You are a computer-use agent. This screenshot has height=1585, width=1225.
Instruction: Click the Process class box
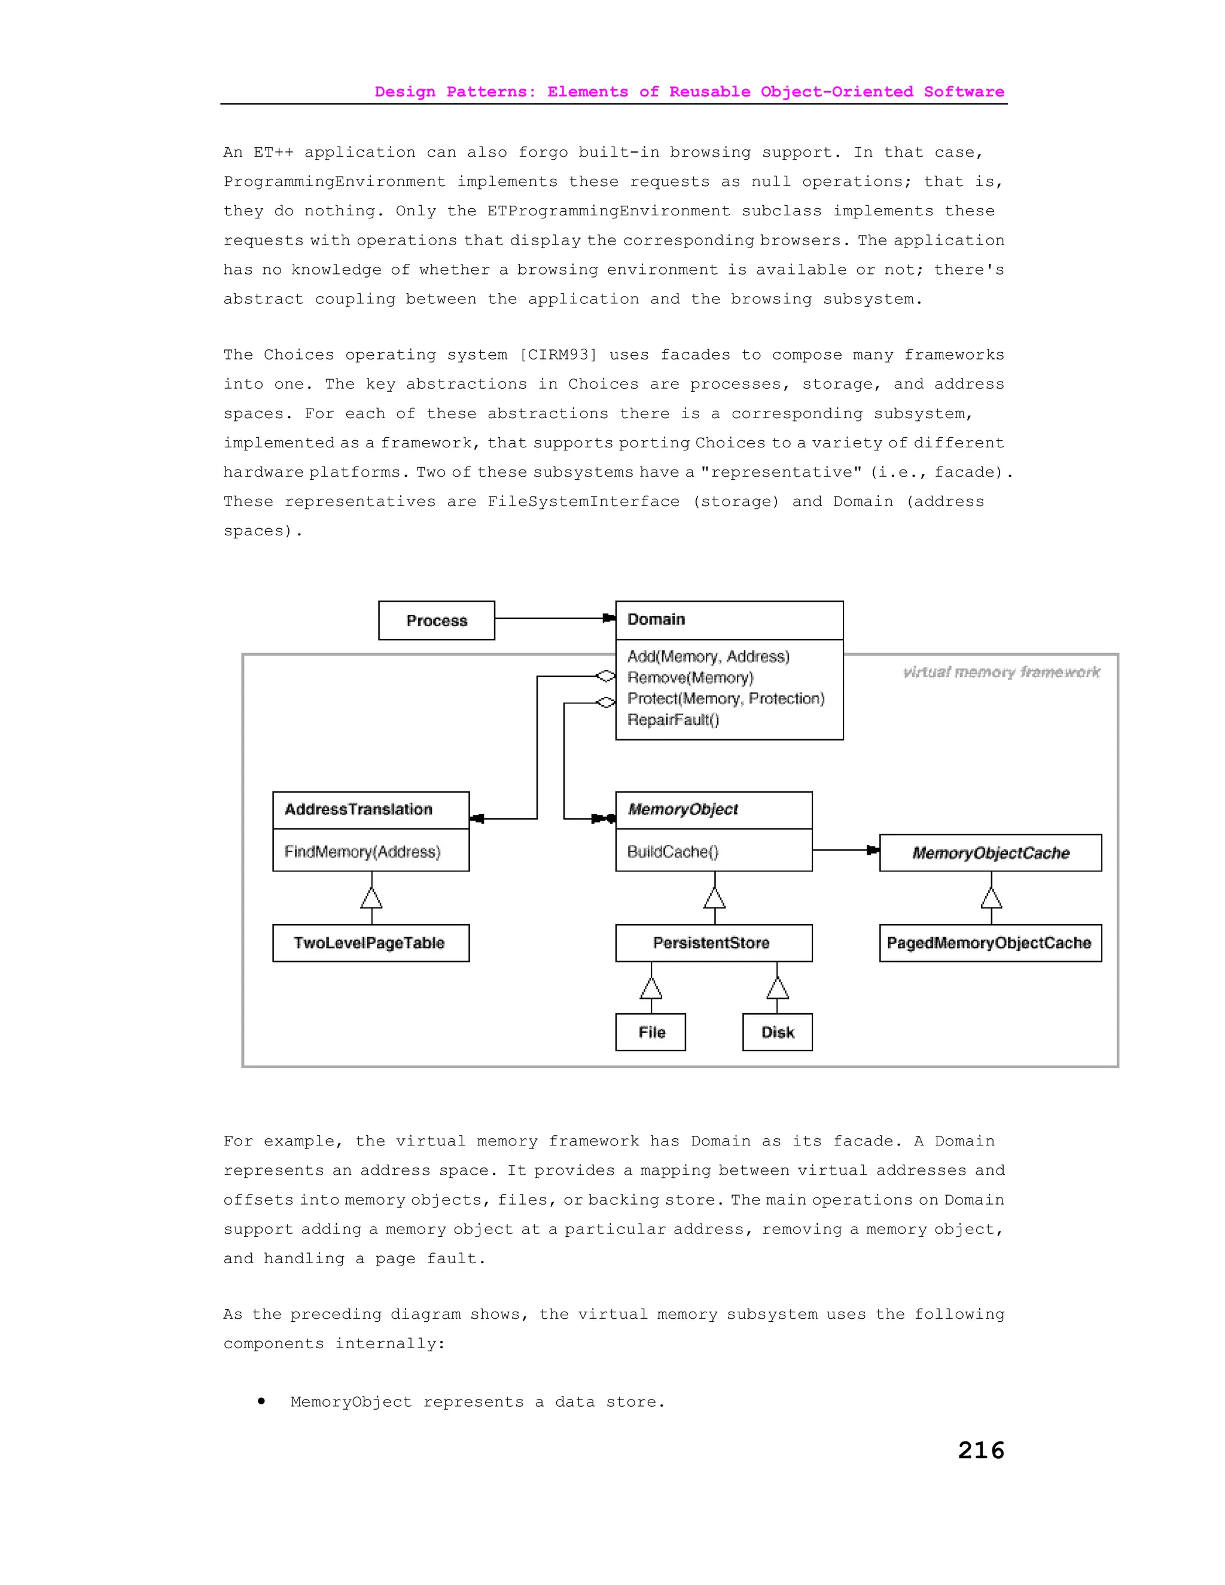(436, 620)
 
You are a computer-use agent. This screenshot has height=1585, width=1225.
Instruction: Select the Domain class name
(656, 619)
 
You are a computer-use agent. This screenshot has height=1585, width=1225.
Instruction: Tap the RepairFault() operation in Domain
(673, 720)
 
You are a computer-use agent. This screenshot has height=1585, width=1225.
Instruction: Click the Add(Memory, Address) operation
(708, 657)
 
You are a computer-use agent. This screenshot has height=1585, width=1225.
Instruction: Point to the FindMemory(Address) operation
(362, 851)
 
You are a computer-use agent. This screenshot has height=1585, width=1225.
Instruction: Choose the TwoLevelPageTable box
(370, 943)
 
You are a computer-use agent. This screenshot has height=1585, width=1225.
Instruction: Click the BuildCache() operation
(672, 851)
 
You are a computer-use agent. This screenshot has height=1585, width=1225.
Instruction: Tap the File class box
(651, 1032)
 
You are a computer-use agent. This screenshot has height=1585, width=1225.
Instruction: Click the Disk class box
(777, 1032)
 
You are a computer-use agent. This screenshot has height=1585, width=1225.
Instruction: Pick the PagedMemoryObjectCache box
(989, 943)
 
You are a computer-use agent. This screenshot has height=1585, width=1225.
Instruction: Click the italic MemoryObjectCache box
(990, 853)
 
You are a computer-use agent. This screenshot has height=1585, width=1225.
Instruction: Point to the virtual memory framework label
(1001, 672)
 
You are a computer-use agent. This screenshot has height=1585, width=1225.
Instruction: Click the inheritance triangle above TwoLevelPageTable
(371, 898)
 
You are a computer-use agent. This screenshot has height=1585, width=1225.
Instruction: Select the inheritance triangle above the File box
(651, 989)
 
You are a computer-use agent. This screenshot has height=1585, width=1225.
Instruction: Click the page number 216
(980, 1449)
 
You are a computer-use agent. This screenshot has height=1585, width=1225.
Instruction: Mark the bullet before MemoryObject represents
(261, 1401)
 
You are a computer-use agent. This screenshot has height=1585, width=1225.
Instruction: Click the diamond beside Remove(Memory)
(605, 676)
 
